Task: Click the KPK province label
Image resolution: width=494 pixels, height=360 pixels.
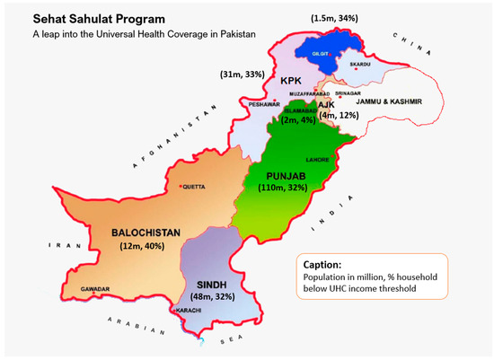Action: tap(290, 82)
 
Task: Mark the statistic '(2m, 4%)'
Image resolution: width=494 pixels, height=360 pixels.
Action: tap(296, 119)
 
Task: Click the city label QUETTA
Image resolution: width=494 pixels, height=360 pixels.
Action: tap(195, 186)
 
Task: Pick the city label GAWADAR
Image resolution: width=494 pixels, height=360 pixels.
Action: tap(94, 289)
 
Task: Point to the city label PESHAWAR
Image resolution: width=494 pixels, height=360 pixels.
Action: tap(265, 103)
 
